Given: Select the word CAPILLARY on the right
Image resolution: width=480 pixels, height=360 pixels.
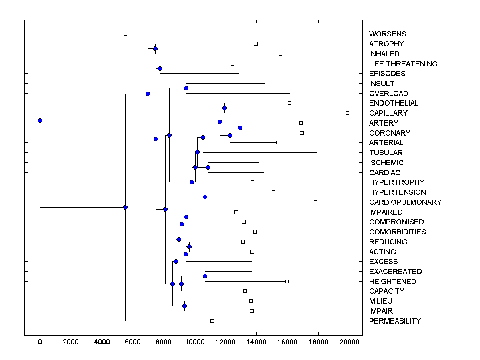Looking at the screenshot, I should point(388,113).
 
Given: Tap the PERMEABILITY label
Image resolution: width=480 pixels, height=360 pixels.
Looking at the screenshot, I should point(395,321).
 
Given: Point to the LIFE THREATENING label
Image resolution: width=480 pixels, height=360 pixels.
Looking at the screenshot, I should point(403,64).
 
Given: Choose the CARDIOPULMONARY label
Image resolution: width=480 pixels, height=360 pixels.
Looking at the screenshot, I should point(405,202).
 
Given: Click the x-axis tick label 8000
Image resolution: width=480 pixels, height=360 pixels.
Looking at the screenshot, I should point(164,341).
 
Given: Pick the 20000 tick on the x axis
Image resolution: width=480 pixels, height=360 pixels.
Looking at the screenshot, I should point(350,341).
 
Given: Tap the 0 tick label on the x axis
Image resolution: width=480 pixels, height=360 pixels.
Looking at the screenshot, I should point(40,341).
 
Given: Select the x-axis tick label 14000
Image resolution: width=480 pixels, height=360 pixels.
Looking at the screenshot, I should point(257,341).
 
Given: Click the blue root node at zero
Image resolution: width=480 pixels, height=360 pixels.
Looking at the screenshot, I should point(40,120).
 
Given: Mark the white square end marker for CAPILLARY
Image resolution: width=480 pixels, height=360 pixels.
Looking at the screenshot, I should point(347,113).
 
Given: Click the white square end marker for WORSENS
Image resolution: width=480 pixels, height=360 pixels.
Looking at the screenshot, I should point(125,34).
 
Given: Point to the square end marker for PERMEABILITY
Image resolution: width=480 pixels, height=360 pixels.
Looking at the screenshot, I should point(212,321).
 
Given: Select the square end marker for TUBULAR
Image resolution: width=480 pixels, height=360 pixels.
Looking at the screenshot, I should point(318,152).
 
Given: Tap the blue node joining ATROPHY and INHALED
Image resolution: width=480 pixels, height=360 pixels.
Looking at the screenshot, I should point(155,49).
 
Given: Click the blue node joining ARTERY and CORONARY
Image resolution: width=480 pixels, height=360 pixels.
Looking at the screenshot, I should point(240,128).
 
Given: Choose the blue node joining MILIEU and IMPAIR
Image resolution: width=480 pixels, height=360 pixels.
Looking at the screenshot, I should point(184,306).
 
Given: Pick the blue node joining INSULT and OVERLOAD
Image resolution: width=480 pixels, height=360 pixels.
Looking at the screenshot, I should point(186,88).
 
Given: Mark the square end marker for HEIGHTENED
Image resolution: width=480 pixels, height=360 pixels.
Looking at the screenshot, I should point(287,281).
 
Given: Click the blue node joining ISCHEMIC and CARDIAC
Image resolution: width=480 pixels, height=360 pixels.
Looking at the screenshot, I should point(208,167).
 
